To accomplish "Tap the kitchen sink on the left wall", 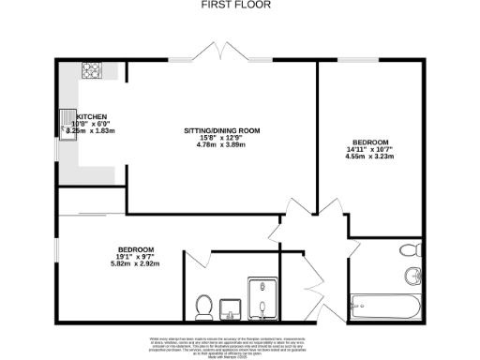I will pyautogui.click(x=67, y=130).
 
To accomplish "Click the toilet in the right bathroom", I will pyautogui.click(x=408, y=251).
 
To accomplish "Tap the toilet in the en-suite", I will pyautogui.click(x=202, y=305).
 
